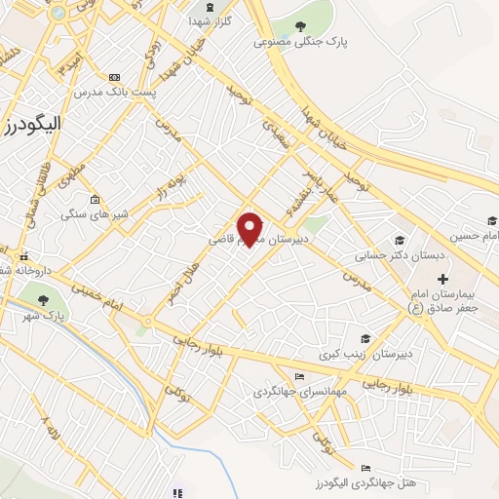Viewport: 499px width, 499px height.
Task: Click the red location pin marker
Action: coord(250,228)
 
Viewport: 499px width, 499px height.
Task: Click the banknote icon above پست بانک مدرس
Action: coord(116,76)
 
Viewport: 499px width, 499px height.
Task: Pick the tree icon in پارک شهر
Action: coord(42,299)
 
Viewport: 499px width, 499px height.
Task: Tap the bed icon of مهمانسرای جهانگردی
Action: coord(300,377)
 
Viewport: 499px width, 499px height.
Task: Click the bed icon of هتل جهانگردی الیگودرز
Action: coord(365,469)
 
